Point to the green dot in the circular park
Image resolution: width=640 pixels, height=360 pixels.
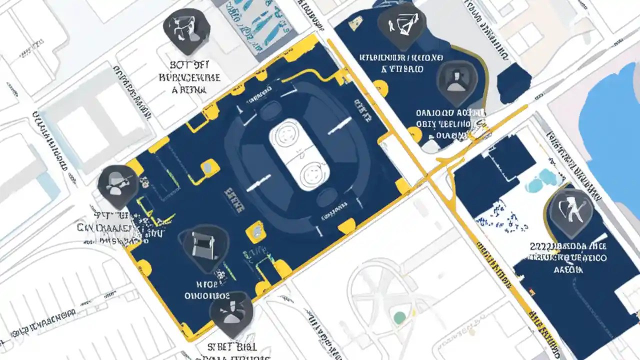[399, 317]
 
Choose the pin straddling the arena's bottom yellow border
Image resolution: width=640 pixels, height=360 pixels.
[231, 312]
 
